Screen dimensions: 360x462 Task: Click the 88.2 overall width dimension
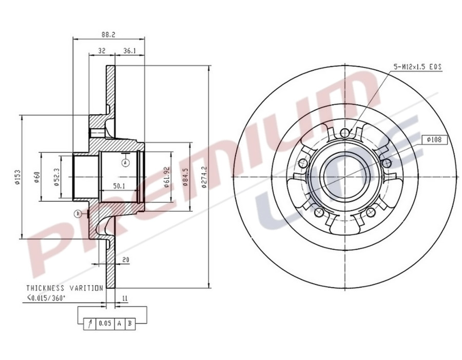(x=108, y=34)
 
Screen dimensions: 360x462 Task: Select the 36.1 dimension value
(x=129, y=51)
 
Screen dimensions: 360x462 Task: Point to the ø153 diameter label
(x=17, y=176)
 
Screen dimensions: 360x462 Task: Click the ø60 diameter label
(x=36, y=176)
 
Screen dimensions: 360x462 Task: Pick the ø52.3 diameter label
(x=56, y=176)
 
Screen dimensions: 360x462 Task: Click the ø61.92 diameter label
(x=167, y=177)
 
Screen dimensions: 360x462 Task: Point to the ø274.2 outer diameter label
(x=205, y=177)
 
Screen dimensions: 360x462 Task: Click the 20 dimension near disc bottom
(x=125, y=260)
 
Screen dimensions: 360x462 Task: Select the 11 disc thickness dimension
(x=125, y=297)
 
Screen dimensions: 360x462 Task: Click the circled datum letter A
(x=125, y=163)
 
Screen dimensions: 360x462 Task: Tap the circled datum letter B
(x=78, y=213)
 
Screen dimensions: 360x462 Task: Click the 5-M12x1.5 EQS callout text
(x=417, y=67)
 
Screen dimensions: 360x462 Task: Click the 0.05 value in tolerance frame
(x=105, y=323)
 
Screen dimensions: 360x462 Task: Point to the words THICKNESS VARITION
(x=65, y=288)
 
